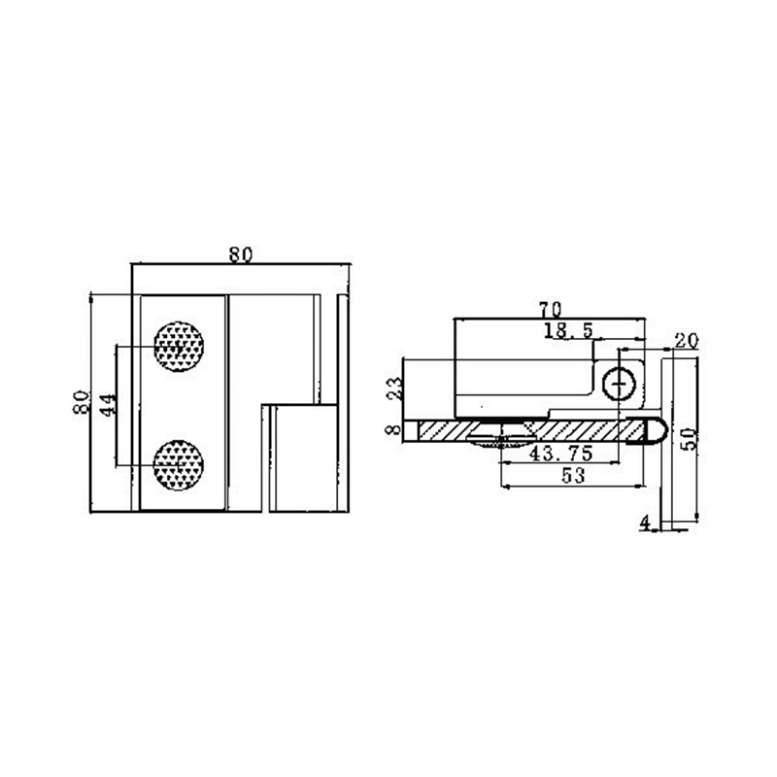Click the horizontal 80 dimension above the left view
241,254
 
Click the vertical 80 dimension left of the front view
82,402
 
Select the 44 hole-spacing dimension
108,404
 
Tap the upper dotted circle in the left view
179,347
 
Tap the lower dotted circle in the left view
179,465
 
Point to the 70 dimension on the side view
550,310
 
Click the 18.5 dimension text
568,330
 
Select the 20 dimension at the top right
687,341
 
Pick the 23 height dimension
395,389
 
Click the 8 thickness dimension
394,429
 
